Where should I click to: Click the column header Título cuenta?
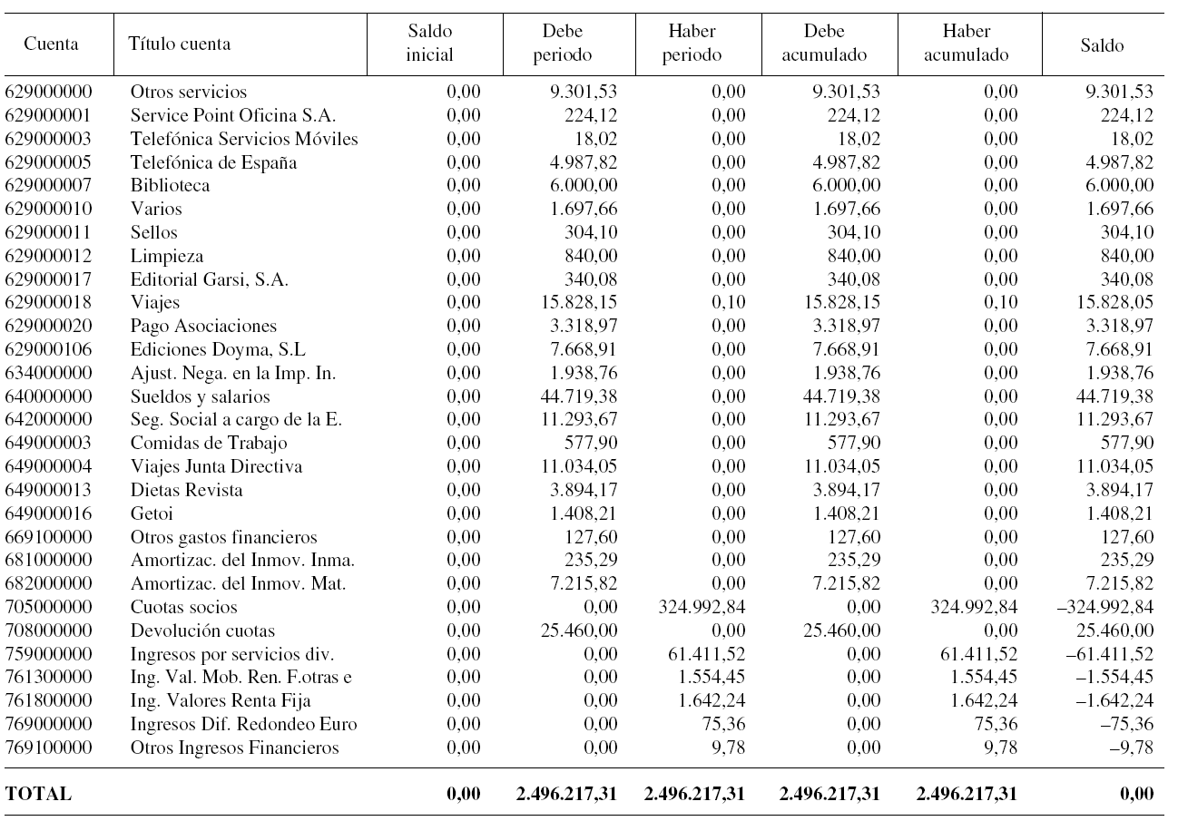click(x=180, y=44)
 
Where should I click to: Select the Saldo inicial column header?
click(x=429, y=44)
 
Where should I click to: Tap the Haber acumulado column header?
click(x=966, y=44)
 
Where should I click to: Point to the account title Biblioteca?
click(x=170, y=186)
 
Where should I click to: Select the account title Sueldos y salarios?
click(x=200, y=396)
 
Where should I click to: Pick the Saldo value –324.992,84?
click(x=1102, y=607)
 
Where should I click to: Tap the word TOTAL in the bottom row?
click(x=38, y=794)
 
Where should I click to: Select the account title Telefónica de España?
click(x=213, y=162)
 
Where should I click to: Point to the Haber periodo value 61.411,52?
click(x=705, y=654)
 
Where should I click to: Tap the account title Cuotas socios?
click(x=183, y=607)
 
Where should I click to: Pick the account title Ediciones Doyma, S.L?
click(x=208, y=349)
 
